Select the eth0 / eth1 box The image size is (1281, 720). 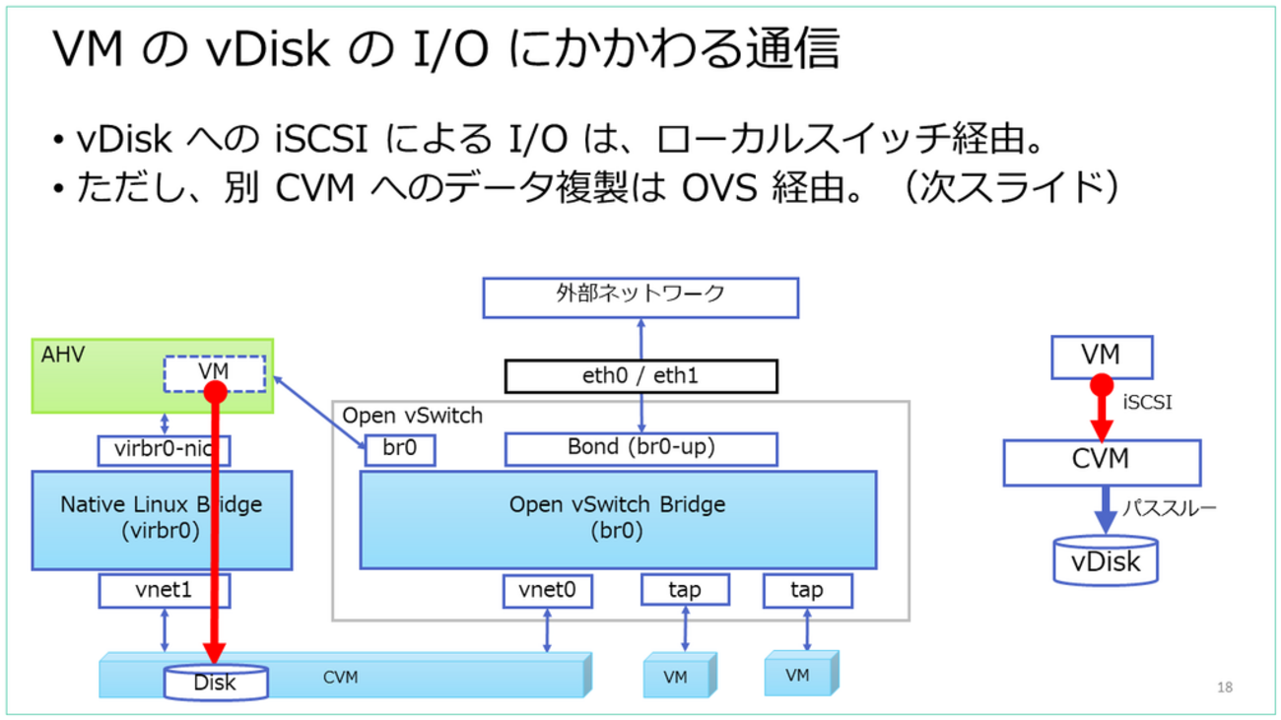click(x=640, y=376)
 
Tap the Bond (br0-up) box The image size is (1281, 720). click(x=640, y=448)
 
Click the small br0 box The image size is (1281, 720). click(x=399, y=449)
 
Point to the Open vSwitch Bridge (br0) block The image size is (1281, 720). click(x=617, y=519)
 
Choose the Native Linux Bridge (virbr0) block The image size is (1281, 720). click(x=162, y=519)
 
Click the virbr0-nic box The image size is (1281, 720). click(x=164, y=451)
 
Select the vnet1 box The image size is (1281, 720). click(x=164, y=591)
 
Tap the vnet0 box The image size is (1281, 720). click(x=547, y=591)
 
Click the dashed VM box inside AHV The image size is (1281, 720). click(x=214, y=373)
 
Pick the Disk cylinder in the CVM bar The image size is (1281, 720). click(x=215, y=683)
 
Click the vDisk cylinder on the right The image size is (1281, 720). click(x=1106, y=561)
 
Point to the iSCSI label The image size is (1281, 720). click(x=1147, y=403)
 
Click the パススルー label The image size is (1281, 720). click(x=1170, y=509)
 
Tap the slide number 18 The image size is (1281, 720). click(x=1225, y=687)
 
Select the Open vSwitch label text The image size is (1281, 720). click(x=412, y=416)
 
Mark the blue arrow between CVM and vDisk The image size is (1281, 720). click(x=1106, y=510)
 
